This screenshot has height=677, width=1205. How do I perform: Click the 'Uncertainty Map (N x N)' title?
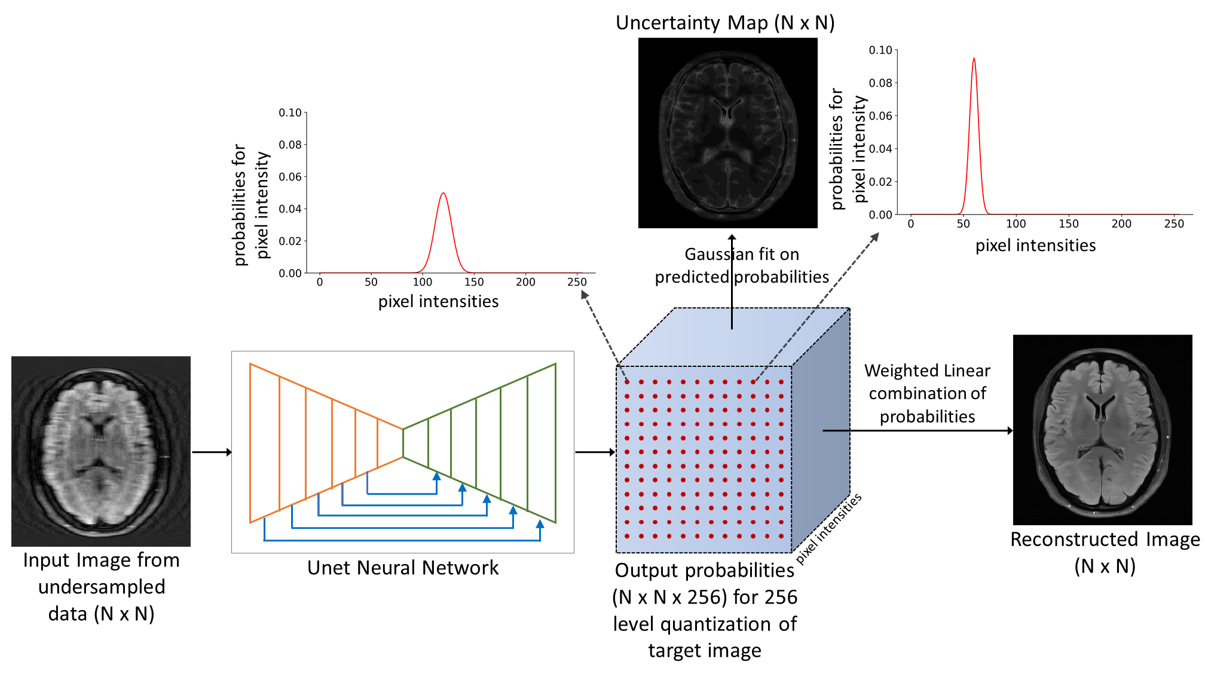pos(724,23)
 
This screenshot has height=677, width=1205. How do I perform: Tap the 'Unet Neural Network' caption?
pos(402,568)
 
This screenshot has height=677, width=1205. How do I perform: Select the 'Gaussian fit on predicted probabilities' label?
pos(742,265)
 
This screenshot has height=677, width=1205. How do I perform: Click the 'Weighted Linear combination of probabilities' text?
pos(927,393)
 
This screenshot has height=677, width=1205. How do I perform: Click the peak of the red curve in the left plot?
pos(443,194)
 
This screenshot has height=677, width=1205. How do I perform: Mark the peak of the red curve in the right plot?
pos(974,59)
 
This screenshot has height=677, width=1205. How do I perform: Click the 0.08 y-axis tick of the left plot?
pos(290,145)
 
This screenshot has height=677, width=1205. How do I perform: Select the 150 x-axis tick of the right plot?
pos(1068,224)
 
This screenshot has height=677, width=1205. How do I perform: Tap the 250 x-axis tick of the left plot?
pos(577,282)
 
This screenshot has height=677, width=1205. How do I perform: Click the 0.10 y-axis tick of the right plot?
pos(880,50)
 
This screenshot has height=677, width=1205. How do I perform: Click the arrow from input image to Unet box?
pos(212,452)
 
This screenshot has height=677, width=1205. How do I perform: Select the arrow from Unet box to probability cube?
pos(595,452)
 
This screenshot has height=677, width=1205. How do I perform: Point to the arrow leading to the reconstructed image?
pos(917,430)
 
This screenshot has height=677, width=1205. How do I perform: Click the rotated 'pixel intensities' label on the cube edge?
pos(829,528)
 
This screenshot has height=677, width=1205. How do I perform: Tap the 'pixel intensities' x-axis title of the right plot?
pos(1035,246)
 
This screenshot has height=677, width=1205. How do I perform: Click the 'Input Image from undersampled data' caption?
pos(101,587)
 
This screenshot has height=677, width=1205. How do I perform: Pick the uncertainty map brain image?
pos(727,133)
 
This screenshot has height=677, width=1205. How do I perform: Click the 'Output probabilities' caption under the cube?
pos(705,609)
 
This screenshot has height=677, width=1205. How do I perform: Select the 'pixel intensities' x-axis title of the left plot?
pos(438,301)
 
